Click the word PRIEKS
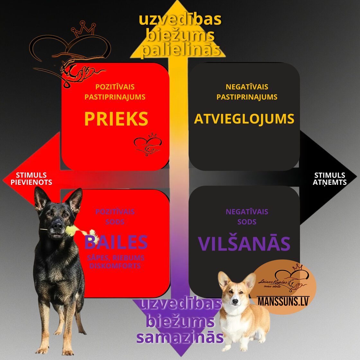coord(116,119)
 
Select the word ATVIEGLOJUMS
coord(244,119)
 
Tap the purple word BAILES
coord(116,242)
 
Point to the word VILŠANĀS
coord(244,244)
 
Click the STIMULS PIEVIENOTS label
coord(31,179)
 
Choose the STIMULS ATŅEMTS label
coord(329,179)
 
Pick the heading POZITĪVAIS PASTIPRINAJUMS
coord(115,92)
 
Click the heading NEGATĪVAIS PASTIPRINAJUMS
coord(247,92)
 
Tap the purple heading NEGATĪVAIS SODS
coord(247,217)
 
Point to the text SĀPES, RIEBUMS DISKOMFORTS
coord(115,262)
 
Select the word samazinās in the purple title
coord(180,337)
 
